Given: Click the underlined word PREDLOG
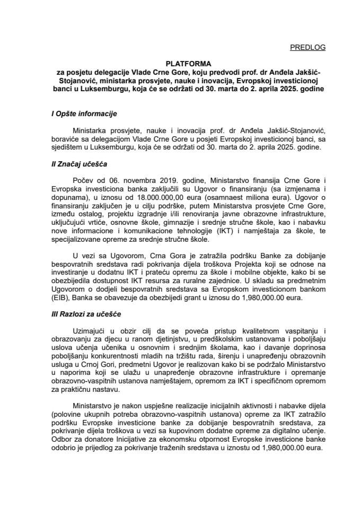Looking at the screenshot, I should coord(308,48).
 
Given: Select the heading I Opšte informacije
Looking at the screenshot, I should coord(80,114).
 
